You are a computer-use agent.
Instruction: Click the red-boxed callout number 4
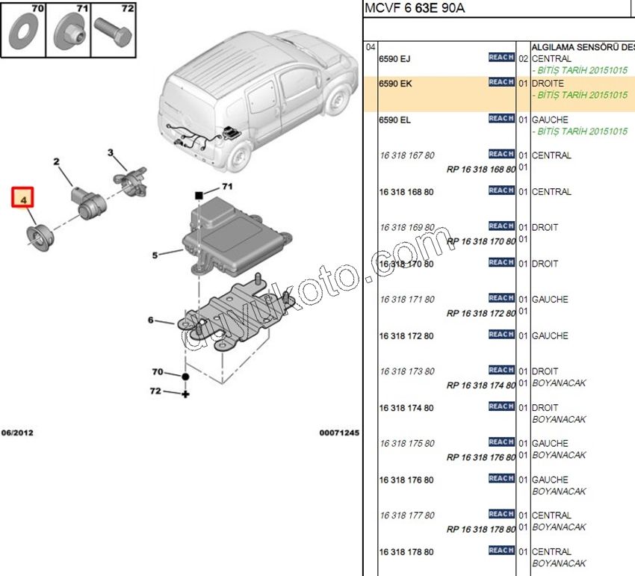click(22, 199)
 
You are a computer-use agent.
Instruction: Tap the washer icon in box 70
click(26, 32)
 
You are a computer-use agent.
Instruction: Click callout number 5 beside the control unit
click(155, 255)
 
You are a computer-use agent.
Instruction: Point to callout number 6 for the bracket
click(151, 320)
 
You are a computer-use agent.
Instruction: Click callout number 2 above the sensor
click(56, 162)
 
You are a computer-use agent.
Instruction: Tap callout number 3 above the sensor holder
click(111, 153)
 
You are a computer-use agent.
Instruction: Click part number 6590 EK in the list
click(395, 84)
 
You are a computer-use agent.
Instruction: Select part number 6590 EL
click(395, 120)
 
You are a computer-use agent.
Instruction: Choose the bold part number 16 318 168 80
click(406, 192)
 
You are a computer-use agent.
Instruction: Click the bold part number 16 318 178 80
click(406, 552)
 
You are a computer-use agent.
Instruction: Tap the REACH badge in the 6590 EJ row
click(501, 58)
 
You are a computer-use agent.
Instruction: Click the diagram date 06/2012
click(17, 433)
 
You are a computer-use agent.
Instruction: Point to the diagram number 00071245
click(339, 433)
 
